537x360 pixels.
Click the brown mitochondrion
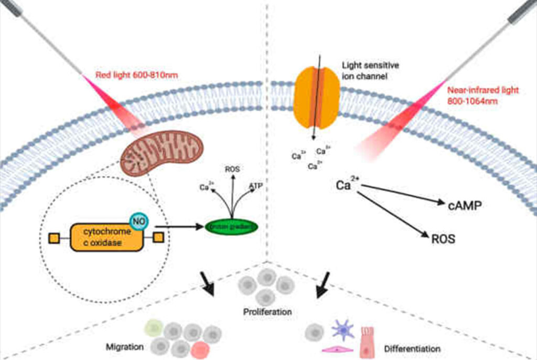pyautogui.click(x=161, y=153)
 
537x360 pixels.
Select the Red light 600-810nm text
pyautogui.click(x=137, y=75)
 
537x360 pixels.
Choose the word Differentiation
pyautogui.click(x=412, y=348)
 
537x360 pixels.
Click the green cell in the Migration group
pyautogui.click(x=154, y=328)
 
